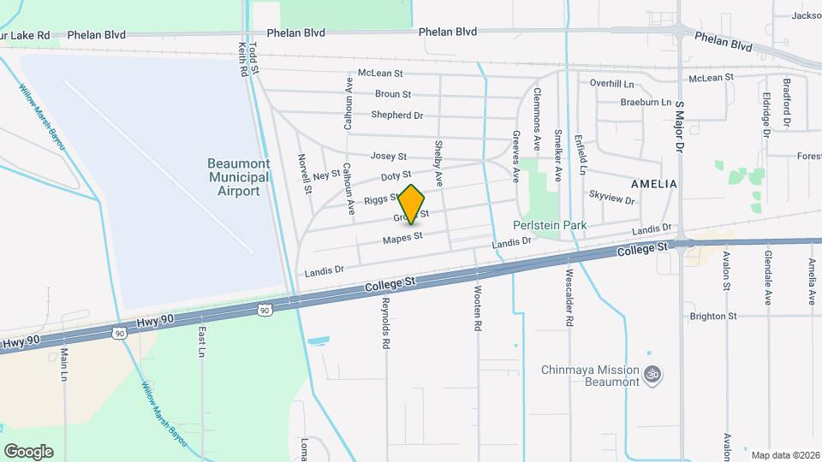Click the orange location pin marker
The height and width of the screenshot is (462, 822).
pyautogui.click(x=412, y=204)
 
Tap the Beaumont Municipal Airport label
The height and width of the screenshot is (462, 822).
pyautogui.click(x=238, y=177)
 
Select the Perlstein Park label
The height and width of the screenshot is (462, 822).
pyautogui.click(x=549, y=225)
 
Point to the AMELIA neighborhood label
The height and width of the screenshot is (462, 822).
pyautogui.click(x=653, y=184)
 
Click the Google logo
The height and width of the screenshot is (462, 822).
pyautogui.click(x=28, y=451)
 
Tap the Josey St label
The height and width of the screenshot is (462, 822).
pyautogui.click(x=388, y=157)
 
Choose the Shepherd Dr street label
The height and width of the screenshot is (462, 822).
pyautogui.click(x=396, y=115)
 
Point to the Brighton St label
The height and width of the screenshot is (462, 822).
pyautogui.click(x=713, y=316)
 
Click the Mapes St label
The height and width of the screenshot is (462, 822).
pyautogui.click(x=402, y=237)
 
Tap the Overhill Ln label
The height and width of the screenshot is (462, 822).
pyautogui.click(x=611, y=83)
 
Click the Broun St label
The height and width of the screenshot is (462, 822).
pyautogui.click(x=393, y=94)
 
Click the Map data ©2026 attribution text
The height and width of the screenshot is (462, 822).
pyautogui.click(x=784, y=455)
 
